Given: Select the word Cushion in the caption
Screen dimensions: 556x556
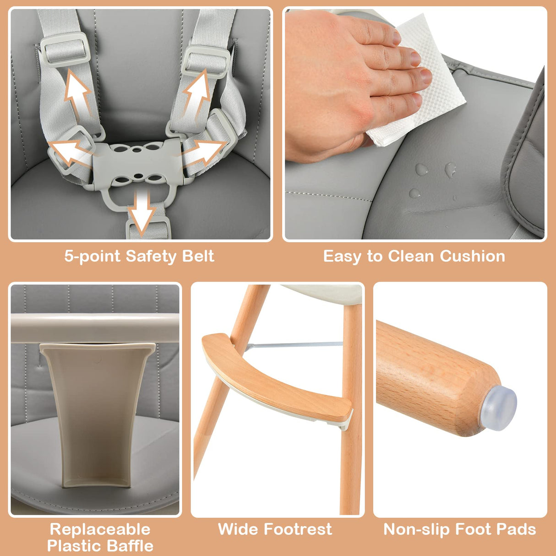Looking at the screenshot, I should [472, 256].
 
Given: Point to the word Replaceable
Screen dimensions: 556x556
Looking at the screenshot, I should [100, 529].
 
